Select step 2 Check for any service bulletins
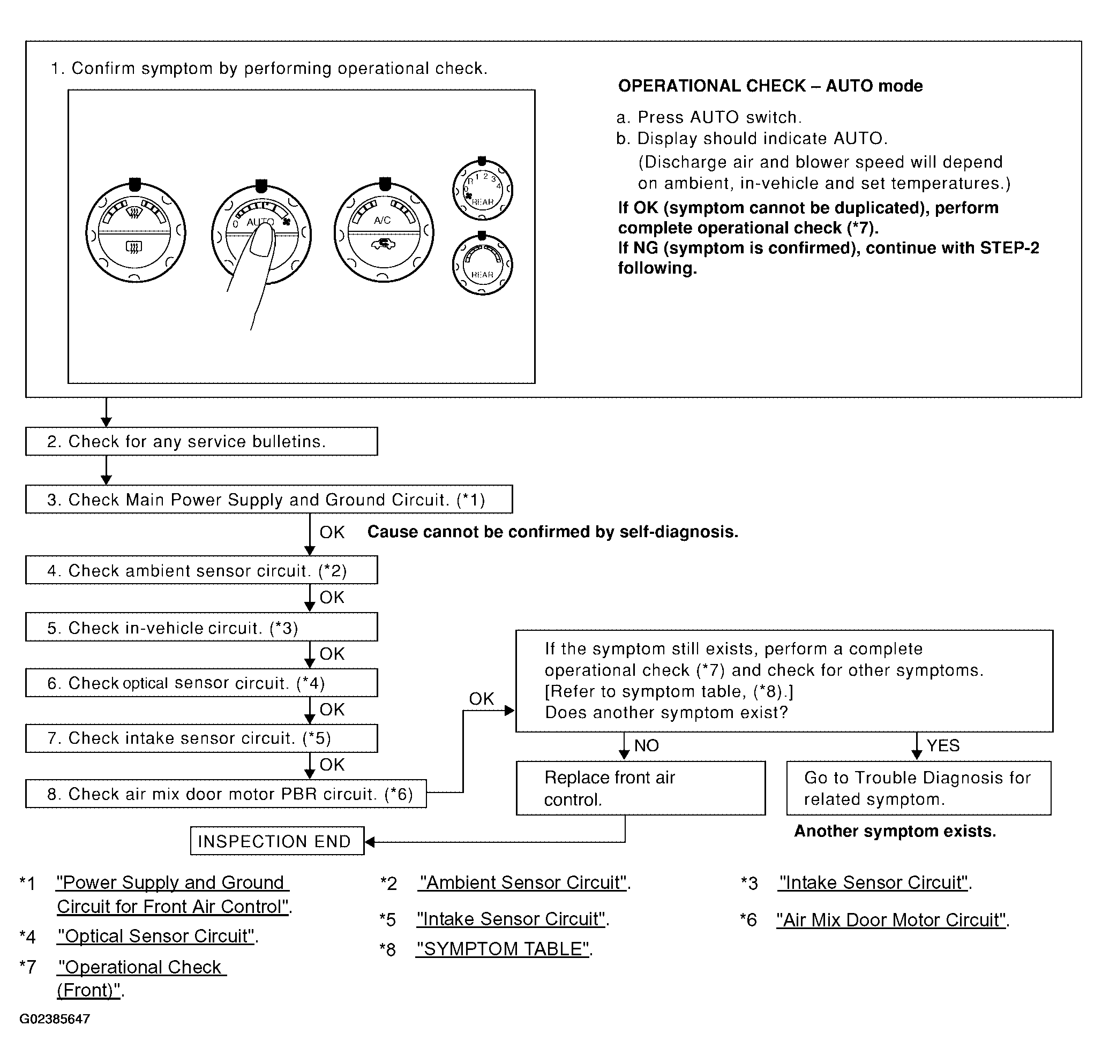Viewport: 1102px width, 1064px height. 201,441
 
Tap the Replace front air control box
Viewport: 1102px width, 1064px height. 641,788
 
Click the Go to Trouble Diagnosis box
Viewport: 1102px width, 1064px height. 919,788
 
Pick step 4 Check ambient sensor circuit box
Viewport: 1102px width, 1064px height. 201,570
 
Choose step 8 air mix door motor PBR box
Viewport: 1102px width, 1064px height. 226,794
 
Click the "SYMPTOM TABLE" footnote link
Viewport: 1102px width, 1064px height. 503,949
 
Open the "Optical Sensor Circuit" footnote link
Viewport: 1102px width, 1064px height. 156,936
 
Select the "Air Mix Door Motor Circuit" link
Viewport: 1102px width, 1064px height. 891,919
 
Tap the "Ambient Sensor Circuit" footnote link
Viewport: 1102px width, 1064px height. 522,882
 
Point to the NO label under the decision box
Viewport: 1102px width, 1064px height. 647,745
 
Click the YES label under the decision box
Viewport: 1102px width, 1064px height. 943,745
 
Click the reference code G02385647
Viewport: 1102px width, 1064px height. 55,1019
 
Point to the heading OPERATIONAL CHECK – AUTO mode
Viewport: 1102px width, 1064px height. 770,86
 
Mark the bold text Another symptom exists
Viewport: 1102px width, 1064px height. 895,831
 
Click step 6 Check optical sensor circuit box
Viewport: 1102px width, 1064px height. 201,682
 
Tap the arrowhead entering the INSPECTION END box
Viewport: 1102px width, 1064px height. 370,841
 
